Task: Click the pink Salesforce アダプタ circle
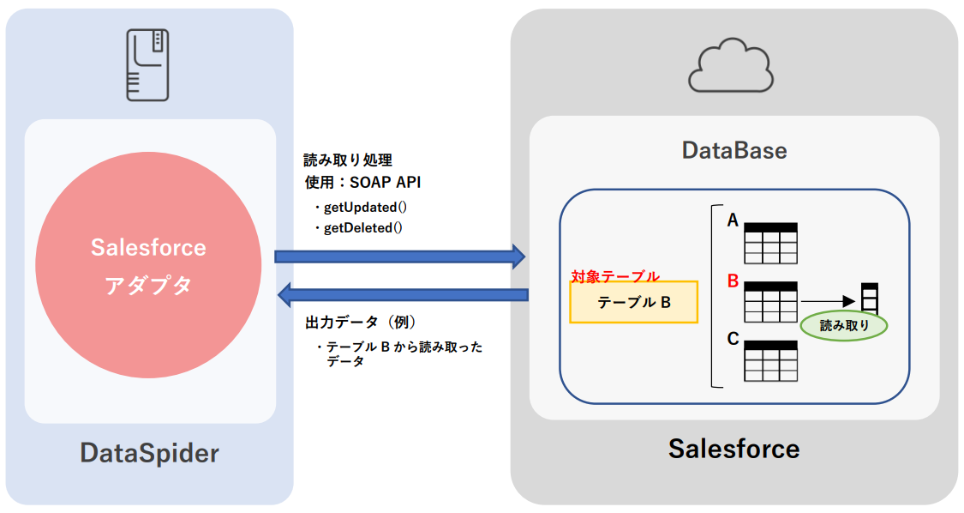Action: pos(148,266)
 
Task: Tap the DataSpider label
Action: pos(150,452)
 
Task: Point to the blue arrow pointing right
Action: pos(399,256)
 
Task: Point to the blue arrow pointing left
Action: pos(403,294)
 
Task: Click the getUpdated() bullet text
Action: pos(363,208)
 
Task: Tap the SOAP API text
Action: pos(385,182)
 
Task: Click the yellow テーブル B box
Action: pos(634,302)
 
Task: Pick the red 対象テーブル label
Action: pos(615,276)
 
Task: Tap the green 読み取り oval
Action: pos(844,325)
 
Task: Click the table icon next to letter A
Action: pos(770,243)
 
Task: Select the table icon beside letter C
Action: pos(770,360)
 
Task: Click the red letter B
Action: pos(733,281)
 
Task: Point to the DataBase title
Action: pos(734,151)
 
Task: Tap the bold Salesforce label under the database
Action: pos(733,448)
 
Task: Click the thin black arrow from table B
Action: pos(828,301)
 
